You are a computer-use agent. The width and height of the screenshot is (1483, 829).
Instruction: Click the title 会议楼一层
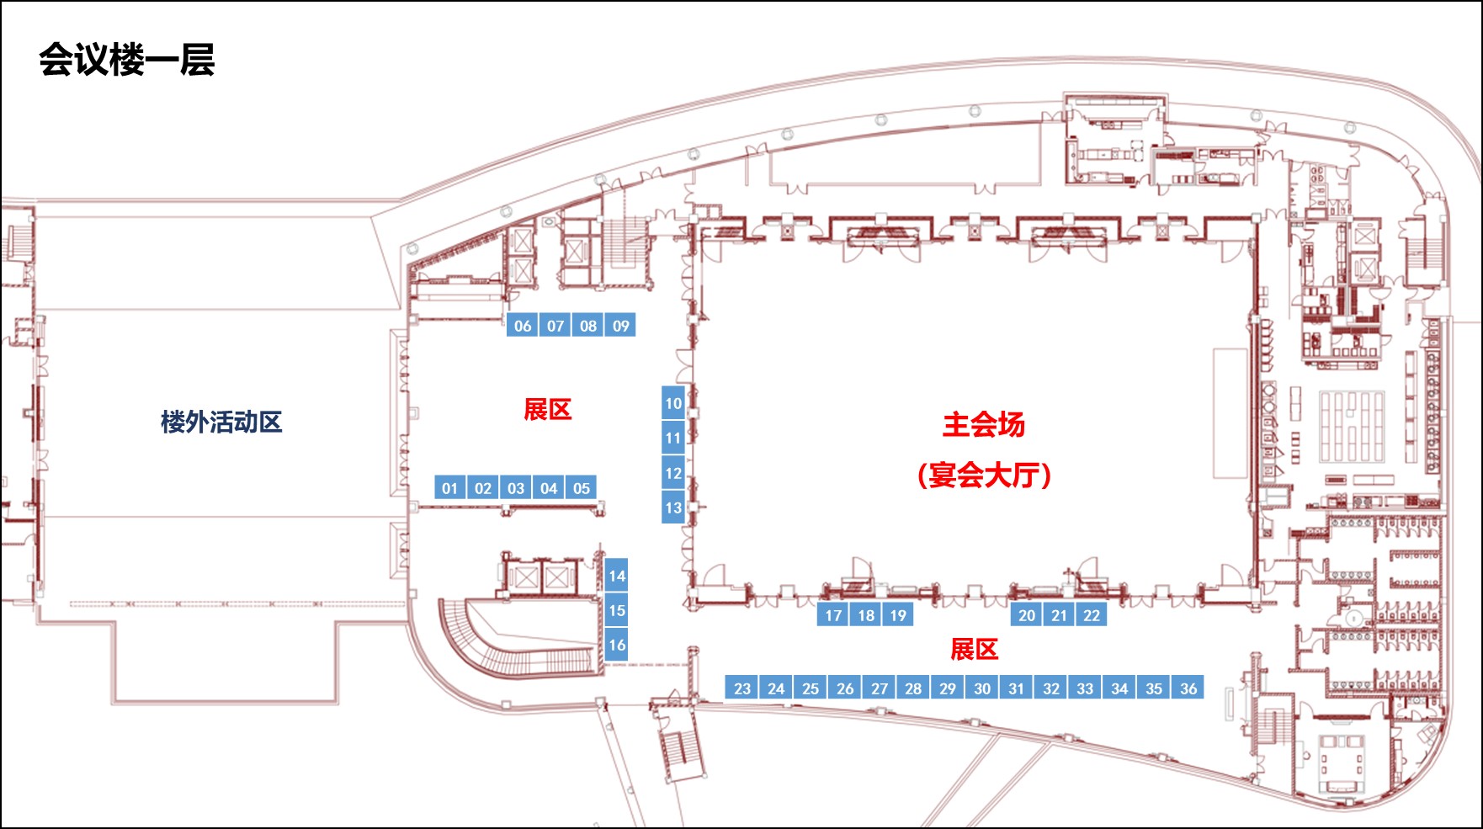(x=126, y=60)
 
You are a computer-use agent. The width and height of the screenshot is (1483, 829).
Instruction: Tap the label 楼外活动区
(x=221, y=422)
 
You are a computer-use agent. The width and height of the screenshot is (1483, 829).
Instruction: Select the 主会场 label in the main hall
(x=983, y=424)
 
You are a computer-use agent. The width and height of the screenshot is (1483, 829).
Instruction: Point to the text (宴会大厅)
(x=984, y=476)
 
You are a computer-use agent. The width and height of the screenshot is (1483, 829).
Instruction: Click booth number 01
(x=450, y=488)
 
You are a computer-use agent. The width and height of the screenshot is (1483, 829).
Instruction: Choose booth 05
(x=582, y=488)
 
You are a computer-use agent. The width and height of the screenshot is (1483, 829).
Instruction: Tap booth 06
(x=523, y=326)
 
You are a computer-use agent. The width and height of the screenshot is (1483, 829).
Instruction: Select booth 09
(x=620, y=326)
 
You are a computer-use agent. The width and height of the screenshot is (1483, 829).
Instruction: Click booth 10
(x=673, y=403)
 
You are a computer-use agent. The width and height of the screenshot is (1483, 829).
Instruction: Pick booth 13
(x=673, y=507)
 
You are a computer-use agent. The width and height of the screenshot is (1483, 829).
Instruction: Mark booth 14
(x=617, y=576)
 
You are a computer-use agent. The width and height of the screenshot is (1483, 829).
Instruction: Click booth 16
(x=617, y=645)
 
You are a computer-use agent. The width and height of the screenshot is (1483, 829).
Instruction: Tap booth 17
(x=833, y=615)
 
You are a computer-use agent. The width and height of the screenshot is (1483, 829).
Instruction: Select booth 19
(x=898, y=615)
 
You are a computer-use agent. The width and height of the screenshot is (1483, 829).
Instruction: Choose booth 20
(x=1027, y=615)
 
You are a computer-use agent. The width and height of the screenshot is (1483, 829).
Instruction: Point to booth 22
(x=1092, y=615)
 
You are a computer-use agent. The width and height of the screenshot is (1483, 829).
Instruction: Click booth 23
(x=742, y=688)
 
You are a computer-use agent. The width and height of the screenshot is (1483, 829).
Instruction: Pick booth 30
(x=982, y=688)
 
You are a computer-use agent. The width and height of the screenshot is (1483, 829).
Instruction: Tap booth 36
(x=1188, y=688)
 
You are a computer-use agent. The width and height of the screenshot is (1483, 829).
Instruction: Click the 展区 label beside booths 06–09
(x=548, y=410)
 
